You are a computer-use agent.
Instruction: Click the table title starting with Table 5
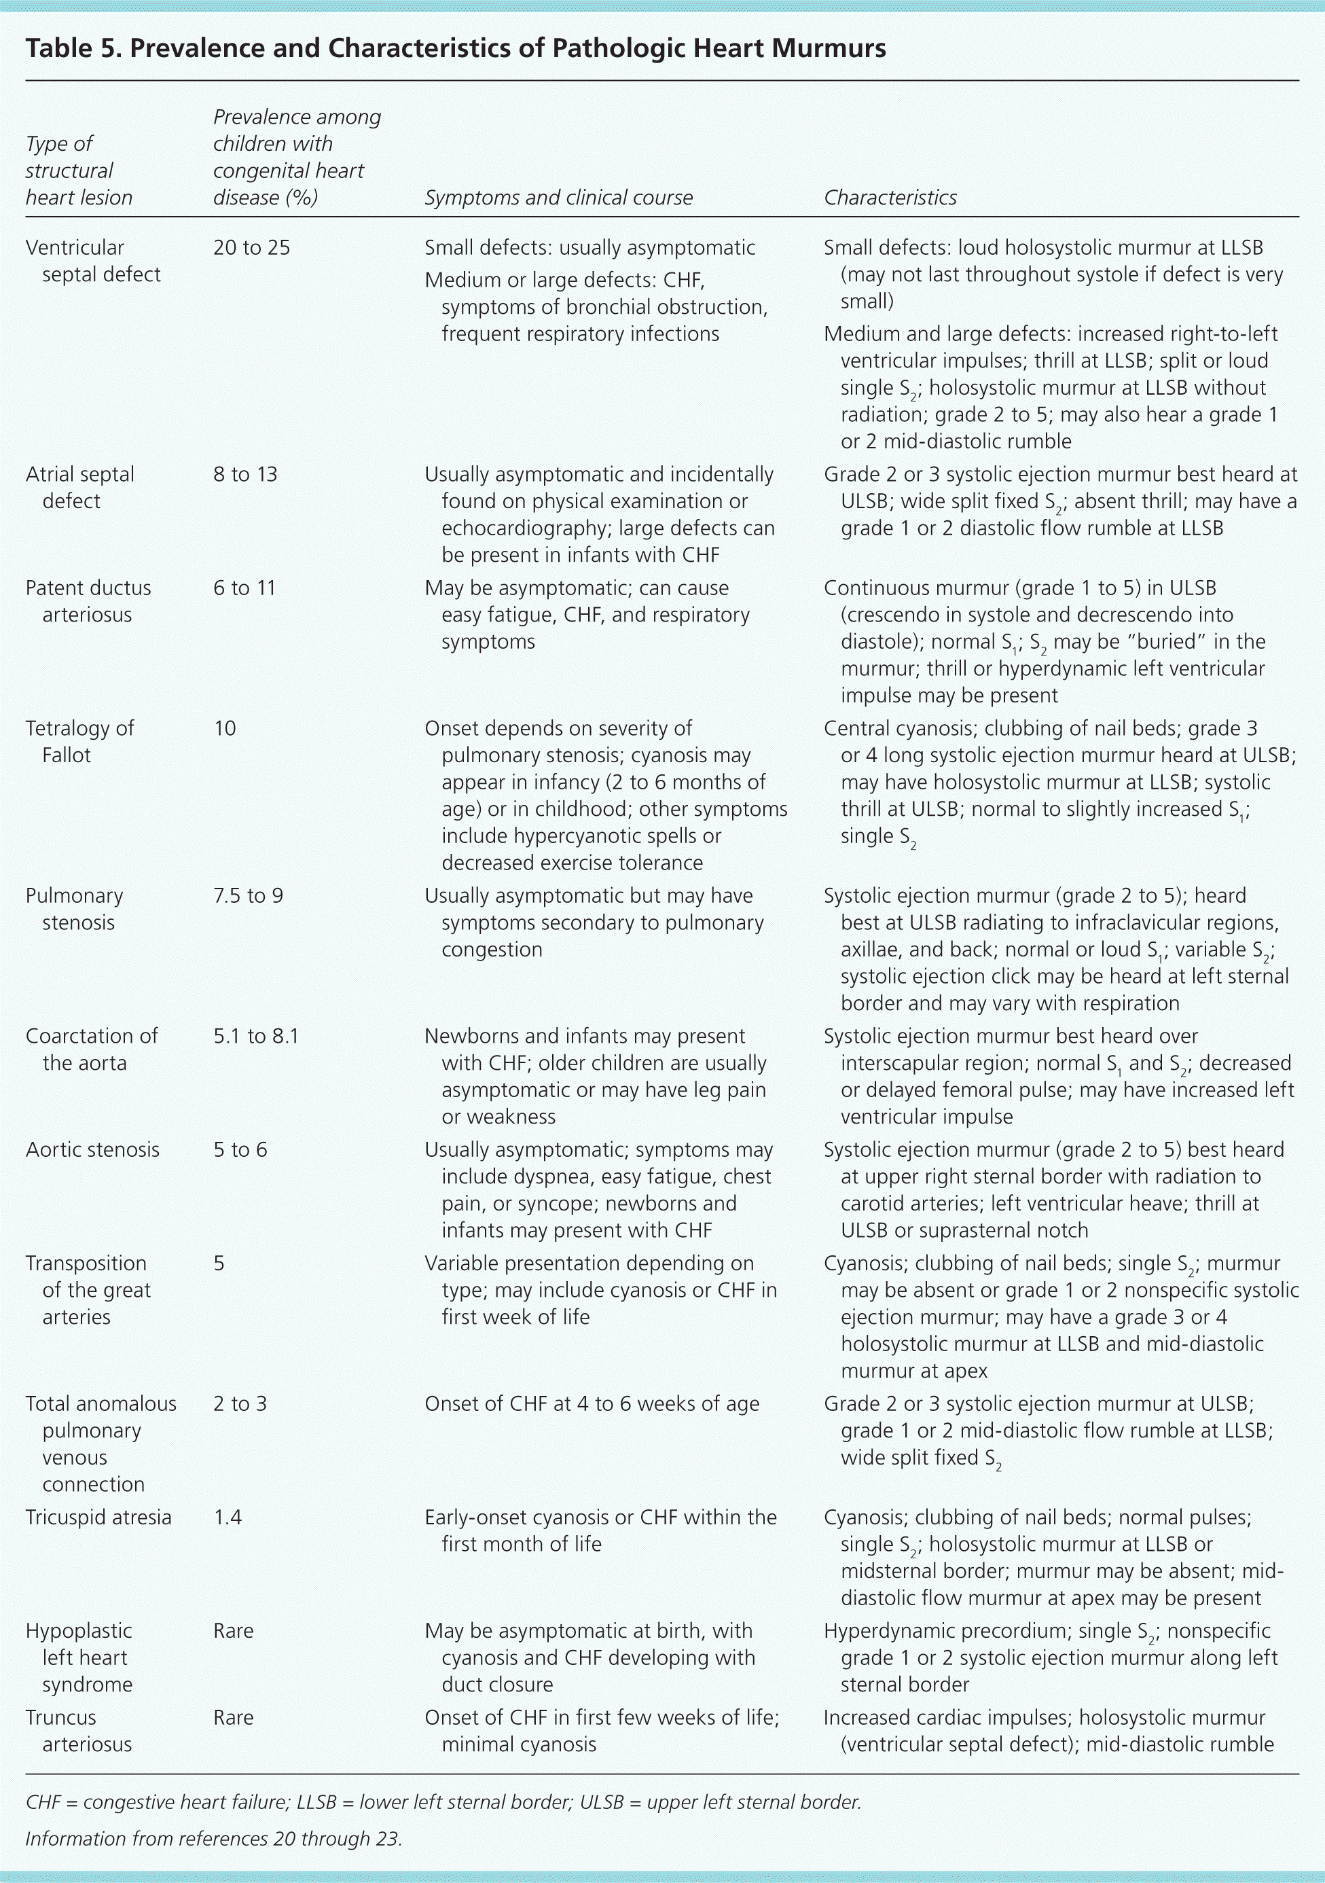[x=455, y=48]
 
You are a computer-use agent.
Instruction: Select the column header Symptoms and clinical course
[x=558, y=198]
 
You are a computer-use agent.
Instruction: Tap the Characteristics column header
[x=890, y=198]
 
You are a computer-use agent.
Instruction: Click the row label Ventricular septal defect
[x=92, y=261]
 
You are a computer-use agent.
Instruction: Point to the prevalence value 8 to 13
[x=245, y=474]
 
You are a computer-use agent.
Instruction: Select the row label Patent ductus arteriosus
[x=88, y=601]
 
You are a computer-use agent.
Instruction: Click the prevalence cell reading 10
[x=225, y=728]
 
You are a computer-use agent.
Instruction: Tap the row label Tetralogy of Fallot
[x=79, y=741]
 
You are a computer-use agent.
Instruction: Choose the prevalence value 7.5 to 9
[x=248, y=895]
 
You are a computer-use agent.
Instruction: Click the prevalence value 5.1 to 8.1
[x=256, y=1036]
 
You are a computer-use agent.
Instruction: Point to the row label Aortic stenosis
[x=92, y=1150]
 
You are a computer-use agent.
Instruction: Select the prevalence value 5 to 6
[x=240, y=1150]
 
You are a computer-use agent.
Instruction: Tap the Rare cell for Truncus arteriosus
[x=233, y=1717]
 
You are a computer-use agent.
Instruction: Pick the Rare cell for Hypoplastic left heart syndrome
[x=233, y=1630]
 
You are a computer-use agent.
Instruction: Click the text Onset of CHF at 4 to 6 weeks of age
[x=591, y=1403]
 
